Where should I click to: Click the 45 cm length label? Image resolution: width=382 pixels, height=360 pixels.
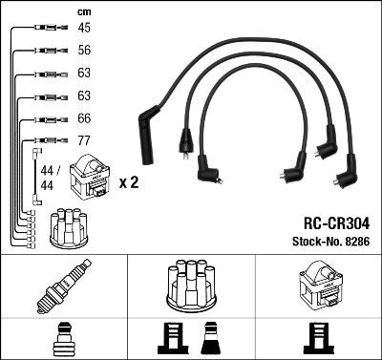pos(84,29)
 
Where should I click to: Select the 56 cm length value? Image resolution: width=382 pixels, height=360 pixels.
pos(84,52)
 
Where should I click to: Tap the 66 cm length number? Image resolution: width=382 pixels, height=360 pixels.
pos(84,118)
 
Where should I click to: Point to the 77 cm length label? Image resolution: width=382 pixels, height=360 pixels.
pos(84,141)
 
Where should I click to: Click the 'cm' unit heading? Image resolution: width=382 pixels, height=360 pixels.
pos(82,11)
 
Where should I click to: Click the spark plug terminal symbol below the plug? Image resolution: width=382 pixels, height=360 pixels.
pos(63,335)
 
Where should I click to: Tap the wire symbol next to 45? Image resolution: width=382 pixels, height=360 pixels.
pos(45,30)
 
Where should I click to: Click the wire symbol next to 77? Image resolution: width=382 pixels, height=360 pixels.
pos(45,141)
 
